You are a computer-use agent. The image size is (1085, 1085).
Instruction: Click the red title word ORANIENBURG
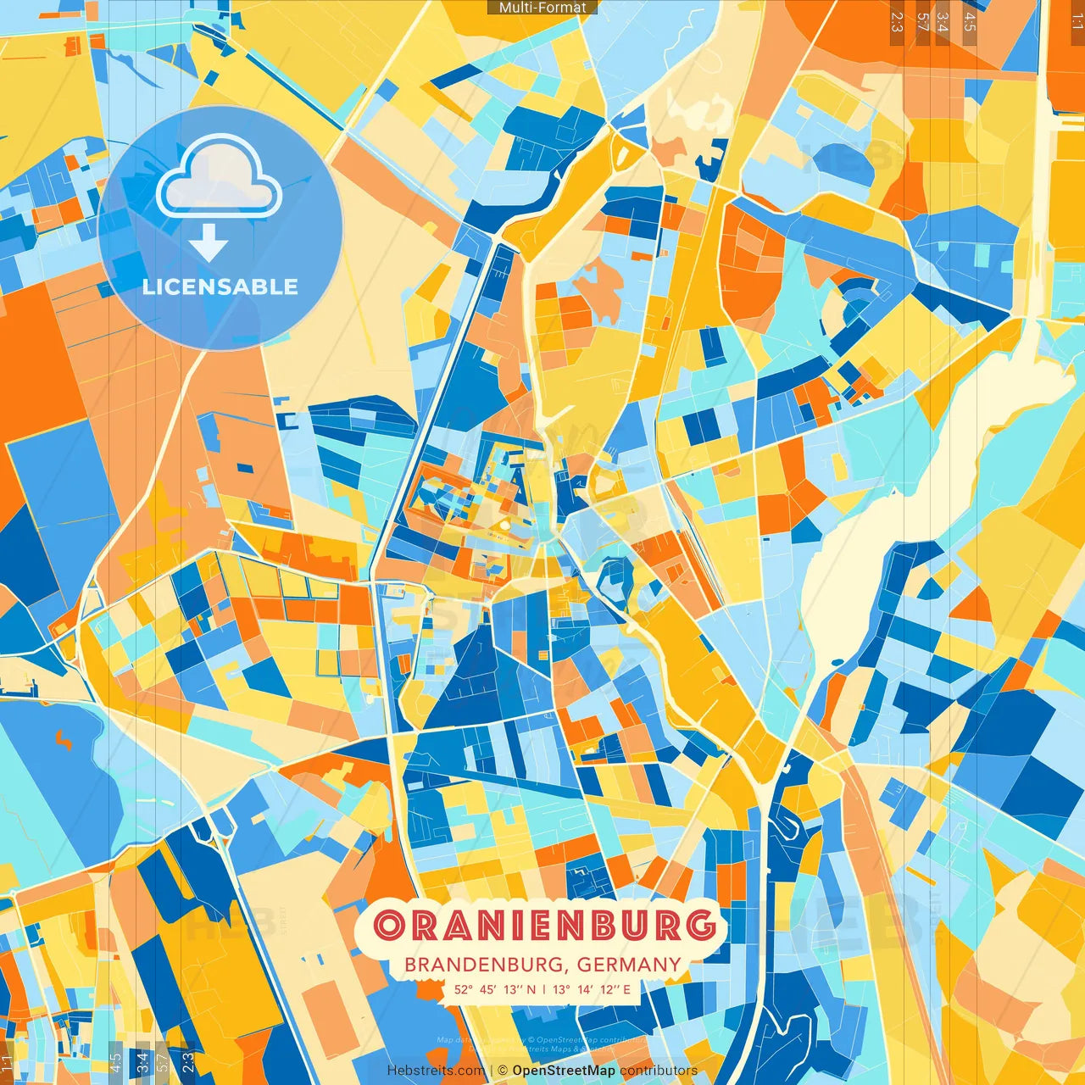544,925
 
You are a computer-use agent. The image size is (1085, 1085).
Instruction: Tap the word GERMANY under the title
629,965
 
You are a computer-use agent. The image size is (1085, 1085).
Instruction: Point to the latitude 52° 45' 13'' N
494,989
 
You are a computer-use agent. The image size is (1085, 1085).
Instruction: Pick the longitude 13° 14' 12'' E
591,989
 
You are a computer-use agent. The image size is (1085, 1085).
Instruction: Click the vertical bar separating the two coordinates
544,989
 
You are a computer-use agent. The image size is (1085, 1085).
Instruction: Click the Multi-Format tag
542,8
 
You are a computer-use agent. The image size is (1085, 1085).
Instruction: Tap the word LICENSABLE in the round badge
220,287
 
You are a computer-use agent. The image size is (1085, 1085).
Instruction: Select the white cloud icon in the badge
219,178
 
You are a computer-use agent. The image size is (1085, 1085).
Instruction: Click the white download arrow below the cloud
209,244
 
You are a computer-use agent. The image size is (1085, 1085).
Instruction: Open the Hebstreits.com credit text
435,1071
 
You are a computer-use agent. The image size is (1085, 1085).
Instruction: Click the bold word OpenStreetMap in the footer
564,1071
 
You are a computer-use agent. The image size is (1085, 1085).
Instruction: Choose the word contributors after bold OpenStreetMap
659,1071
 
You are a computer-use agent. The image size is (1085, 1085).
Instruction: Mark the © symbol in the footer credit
503,1071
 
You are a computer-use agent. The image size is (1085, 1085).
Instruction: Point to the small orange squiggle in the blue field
64,740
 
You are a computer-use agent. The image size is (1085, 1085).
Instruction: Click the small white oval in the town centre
504,526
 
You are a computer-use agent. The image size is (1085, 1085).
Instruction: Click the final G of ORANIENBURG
701,925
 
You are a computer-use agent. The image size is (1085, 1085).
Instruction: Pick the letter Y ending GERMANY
674,965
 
